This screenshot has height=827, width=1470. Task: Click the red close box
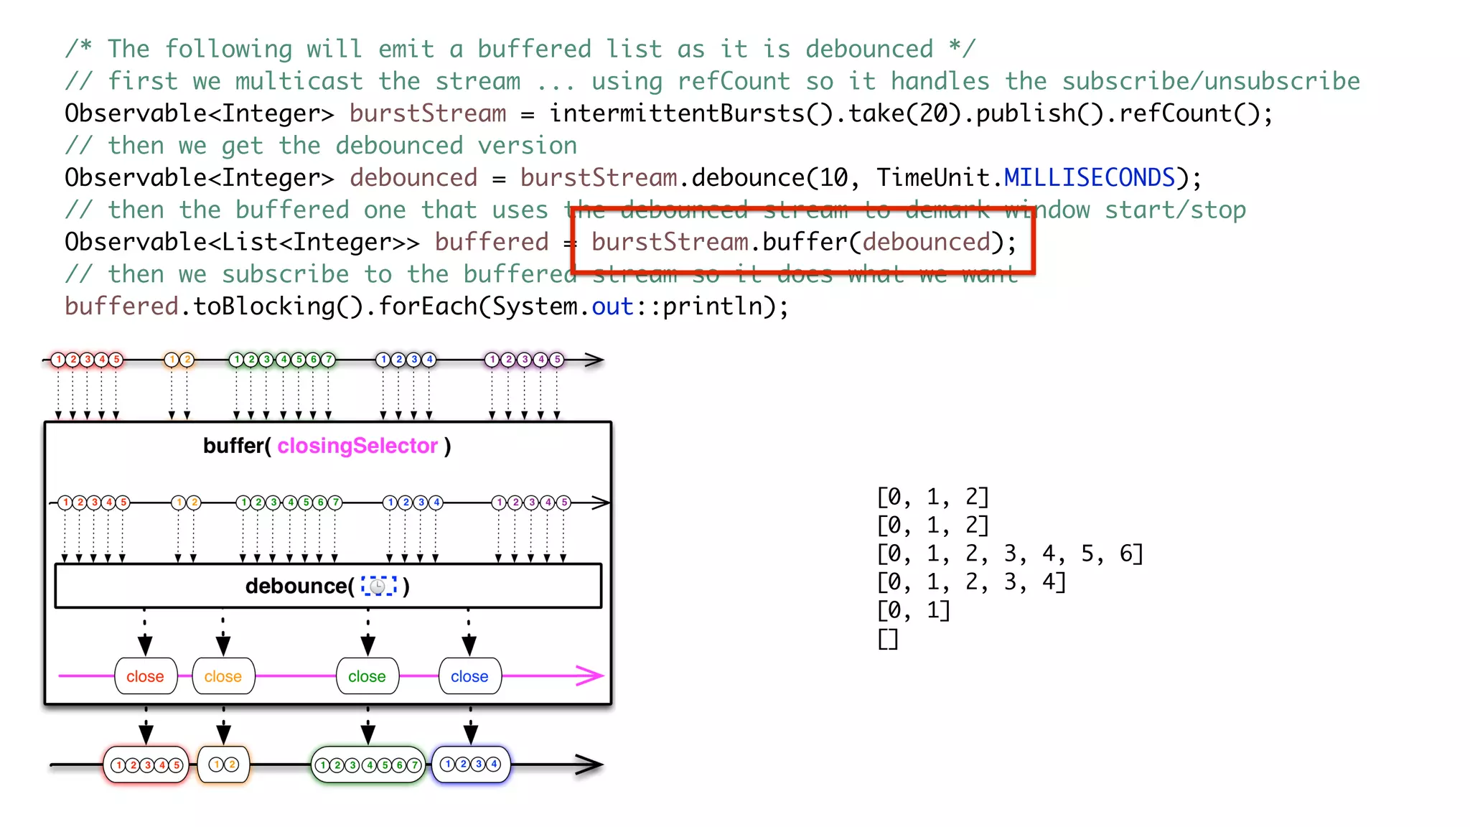[146, 676]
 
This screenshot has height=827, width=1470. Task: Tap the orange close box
[223, 676]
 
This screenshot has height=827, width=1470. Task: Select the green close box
[367, 676]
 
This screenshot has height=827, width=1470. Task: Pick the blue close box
[469, 676]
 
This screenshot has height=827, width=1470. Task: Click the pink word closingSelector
[357, 446]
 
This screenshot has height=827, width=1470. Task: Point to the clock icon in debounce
[378, 587]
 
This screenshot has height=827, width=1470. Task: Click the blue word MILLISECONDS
[1089, 177]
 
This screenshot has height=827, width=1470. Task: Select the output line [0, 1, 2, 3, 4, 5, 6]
[1009, 553]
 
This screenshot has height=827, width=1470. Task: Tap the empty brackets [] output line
[888, 638]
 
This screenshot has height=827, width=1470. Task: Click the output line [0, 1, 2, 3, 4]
[971, 581]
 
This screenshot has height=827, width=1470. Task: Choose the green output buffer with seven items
[368, 765]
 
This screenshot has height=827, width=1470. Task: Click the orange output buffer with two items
[223, 765]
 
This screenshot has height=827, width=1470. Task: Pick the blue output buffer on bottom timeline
[471, 765]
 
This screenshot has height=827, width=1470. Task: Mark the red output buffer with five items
[146, 765]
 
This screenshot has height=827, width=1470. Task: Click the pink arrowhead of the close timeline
[591, 676]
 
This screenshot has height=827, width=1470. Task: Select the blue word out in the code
[612, 307]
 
